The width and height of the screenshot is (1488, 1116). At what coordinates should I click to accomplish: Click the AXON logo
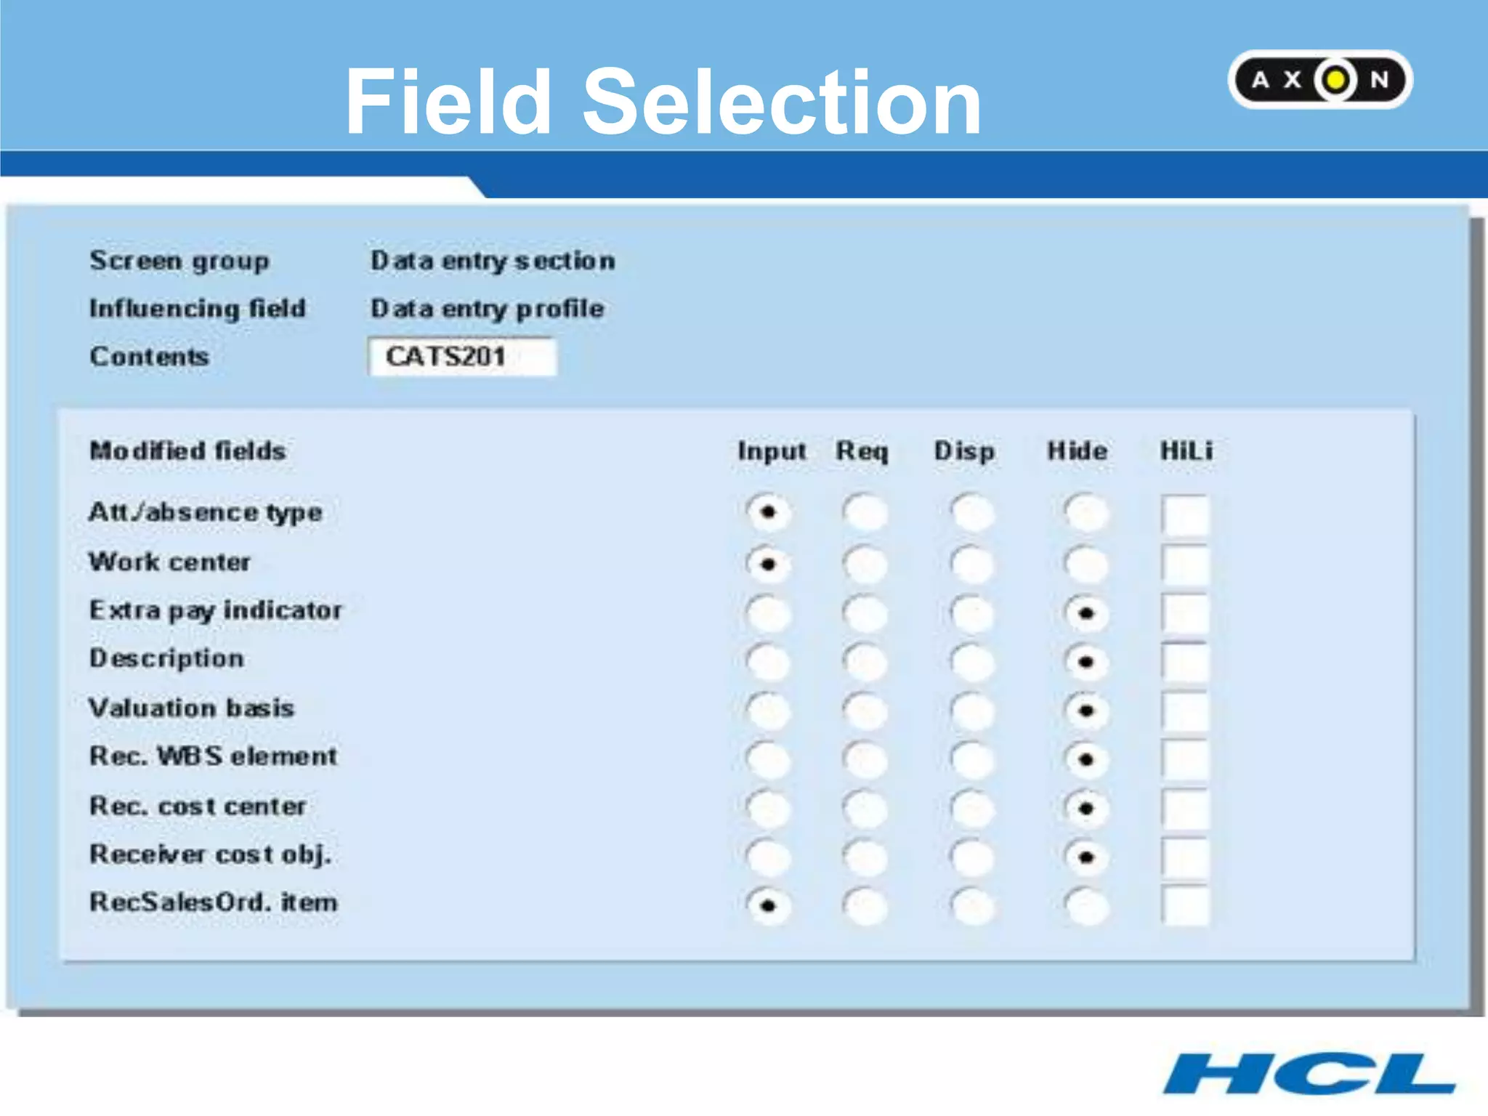[x=1319, y=79]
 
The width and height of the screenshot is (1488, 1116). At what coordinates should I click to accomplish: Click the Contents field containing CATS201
[x=462, y=357]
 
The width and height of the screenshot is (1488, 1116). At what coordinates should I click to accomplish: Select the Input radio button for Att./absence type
[x=768, y=512]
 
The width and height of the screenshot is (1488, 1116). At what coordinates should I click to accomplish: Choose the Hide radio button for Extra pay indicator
[x=1085, y=613]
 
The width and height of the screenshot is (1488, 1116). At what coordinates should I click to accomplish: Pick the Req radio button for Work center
[x=865, y=564]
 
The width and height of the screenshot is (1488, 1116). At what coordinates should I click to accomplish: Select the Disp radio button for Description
[x=971, y=662]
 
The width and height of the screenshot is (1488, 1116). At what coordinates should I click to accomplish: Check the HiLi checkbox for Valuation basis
[x=1184, y=711]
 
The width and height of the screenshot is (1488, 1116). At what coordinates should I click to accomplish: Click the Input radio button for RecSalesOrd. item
[x=768, y=905]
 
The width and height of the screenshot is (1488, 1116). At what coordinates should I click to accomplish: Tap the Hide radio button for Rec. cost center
[x=1085, y=808]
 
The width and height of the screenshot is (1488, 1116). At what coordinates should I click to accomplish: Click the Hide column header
[x=1077, y=451]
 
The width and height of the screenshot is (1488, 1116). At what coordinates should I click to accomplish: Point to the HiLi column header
[x=1186, y=451]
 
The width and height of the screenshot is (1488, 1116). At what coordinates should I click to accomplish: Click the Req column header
[x=862, y=451]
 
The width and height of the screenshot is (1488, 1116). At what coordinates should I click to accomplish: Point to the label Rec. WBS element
[x=213, y=756]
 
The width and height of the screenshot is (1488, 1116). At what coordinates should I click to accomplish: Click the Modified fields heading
[x=187, y=451]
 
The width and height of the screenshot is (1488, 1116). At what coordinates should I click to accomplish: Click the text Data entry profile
[x=487, y=309]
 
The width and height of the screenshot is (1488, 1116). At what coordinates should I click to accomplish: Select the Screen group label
[x=179, y=261]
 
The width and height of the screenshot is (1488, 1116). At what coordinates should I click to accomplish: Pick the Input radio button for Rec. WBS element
[x=768, y=759]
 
